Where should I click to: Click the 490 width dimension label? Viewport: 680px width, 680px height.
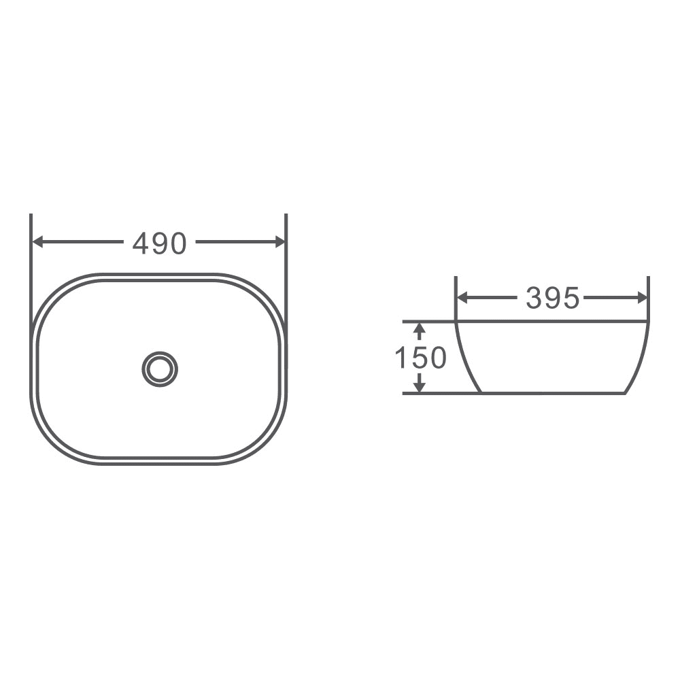pos(159,243)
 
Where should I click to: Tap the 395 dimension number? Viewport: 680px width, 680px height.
pos(552,298)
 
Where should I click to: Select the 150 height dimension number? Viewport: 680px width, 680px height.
pos(420,358)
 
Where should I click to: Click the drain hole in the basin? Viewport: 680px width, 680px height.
pos(160,369)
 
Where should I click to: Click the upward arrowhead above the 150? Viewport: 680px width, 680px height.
pos(420,329)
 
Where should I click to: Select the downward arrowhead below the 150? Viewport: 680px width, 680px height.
pos(420,386)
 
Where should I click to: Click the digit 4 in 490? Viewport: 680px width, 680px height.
pos(141,243)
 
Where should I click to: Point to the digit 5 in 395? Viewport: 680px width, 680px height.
pos(571,298)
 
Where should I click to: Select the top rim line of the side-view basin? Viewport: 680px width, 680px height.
pos(551,321)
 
